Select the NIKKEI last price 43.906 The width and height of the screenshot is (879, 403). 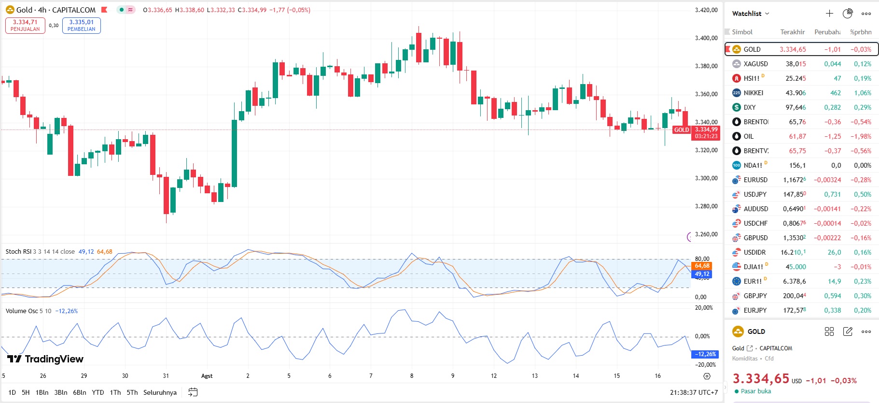(x=795, y=93)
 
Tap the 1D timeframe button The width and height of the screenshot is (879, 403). (x=12, y=392)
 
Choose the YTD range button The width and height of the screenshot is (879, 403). (x=98, y=392)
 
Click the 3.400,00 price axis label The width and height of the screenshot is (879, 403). (x=706, y=38)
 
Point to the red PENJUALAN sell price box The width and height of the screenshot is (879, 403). (x=25, y=26)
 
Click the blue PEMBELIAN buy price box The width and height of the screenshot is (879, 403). (x=81, y=26)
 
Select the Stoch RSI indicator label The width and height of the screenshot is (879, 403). (x=18, y=252)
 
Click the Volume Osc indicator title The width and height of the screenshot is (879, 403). (x=21, y=311)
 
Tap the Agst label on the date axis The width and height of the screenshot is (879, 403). (x=207, y=376)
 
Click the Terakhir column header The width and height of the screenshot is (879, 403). (x=792, y=32)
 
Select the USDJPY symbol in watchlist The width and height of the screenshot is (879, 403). (x=755, y=194)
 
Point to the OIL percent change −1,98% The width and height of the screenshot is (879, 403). (x=861, y=136)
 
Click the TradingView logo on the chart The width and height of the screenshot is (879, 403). (x=45, y=359)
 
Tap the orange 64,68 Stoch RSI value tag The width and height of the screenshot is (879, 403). (x=702, y=266)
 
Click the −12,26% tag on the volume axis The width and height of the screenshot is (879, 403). (x=705, y=354)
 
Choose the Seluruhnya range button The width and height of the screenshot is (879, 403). (x=160, y=392)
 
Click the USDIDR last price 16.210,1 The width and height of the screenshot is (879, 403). (x=793, y=252)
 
